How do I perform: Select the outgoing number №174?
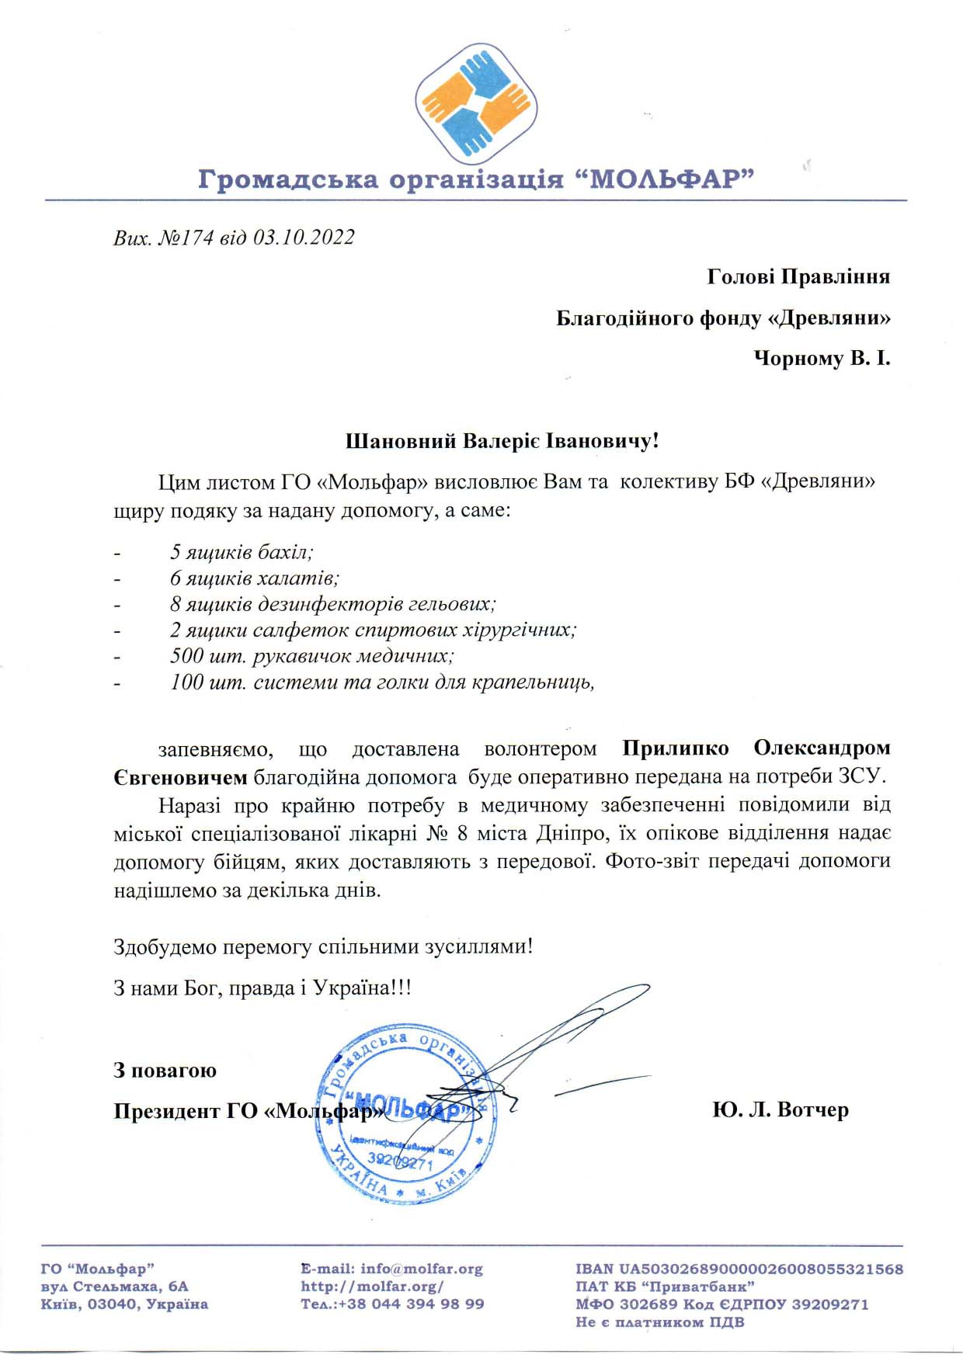pos(186,238)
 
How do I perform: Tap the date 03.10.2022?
pos(304,238)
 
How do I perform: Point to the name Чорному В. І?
pos(822,359)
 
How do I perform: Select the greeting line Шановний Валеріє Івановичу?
pos(502,442)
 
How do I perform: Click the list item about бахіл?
pos(242,552)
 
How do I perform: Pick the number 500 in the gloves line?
pos(187,656)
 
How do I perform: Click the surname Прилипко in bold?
pos(676,748)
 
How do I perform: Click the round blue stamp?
pos(408,1114)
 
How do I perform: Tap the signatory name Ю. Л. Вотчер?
pos(780,1110)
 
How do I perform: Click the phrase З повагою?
pos(165,1071)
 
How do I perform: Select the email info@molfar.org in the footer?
pos(421,1269)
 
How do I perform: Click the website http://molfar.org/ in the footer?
pos(372,1286)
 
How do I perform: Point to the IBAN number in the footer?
pos(761,1269)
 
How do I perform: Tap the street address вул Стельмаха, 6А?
pos(114,1286)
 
